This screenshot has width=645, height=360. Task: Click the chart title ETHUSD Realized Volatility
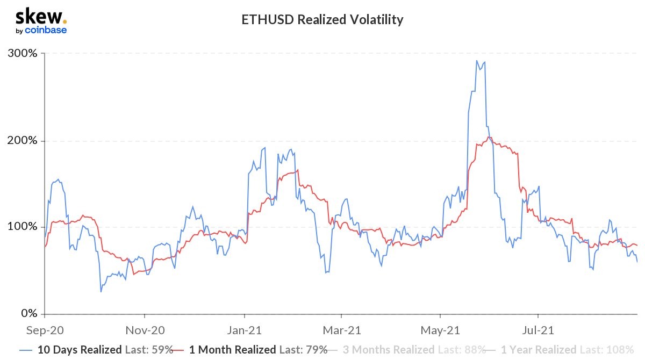tap(322, 20)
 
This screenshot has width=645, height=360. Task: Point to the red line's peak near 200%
tap(489, 138)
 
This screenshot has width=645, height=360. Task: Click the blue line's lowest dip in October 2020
tap(101, 292)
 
